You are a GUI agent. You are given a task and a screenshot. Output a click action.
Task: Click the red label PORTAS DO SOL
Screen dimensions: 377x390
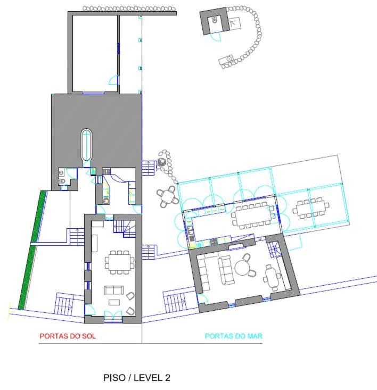[x=68, y=336]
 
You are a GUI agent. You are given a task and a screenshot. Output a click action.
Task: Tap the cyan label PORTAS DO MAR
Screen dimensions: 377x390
[x=234, y=336]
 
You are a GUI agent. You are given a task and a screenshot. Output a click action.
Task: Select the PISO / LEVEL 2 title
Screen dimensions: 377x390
[x=137, y=378]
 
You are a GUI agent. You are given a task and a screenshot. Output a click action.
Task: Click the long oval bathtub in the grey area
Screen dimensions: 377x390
[x=86, y=145]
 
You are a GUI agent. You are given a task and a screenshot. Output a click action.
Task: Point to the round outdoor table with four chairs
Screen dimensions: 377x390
[x=168, y=196]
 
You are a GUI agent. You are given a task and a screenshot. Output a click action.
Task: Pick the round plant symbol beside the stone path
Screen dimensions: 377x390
[x=162, y=162]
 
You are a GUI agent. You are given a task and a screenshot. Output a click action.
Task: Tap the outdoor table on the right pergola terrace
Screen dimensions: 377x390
[x=310, y=208]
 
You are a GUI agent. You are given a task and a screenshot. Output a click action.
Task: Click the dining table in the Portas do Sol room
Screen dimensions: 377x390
[x=119, y=262]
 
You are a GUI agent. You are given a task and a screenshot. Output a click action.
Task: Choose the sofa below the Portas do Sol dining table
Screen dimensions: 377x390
[x=113, y=291]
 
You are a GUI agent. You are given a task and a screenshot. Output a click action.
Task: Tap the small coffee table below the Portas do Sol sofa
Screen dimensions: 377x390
[x=114, y=302]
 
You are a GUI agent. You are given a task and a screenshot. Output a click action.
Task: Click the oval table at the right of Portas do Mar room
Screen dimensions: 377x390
[x=270, y=277]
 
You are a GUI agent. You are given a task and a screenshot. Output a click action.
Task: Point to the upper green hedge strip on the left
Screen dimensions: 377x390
[x=39, y=216]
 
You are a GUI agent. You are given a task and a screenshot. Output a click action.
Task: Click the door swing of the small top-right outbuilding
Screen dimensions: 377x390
[x=216, y=37]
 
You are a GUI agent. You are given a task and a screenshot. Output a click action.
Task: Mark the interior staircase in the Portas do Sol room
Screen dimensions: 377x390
[x=125, y=228]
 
